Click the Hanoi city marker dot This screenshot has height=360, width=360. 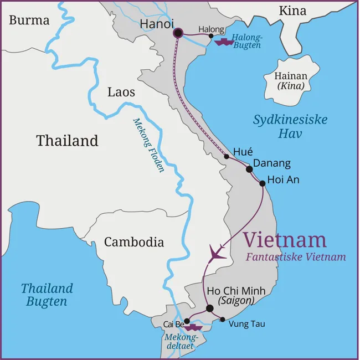coord(178,33)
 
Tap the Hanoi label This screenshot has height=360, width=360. coord(157,24)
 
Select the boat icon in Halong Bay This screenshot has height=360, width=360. coord(224,42)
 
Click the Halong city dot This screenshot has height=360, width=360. coord(211,36)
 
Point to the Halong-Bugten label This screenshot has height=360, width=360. coord(246,42)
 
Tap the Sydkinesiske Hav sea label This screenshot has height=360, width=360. coord(290,126)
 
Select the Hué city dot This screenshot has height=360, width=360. coord(227,157)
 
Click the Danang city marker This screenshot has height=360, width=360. coord(249,169)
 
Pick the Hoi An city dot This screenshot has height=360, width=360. coord(262,183)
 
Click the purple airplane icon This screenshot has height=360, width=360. coord(218,253)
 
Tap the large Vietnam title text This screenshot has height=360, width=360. coord(285,240)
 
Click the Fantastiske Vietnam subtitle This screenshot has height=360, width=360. coord(296,257)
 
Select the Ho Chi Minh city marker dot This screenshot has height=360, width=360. coord(209,308)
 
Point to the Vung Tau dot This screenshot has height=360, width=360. coord(223,319)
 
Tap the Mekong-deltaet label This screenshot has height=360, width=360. coord(180,341)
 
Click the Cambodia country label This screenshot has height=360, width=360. coord(134,242)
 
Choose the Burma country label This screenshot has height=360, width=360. coord(29,20)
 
